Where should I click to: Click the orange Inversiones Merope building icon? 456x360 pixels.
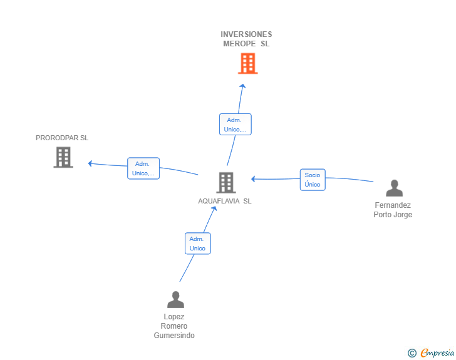point(247,63)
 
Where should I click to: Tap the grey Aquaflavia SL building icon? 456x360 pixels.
point(225,182)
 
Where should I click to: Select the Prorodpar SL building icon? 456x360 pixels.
point(63,157)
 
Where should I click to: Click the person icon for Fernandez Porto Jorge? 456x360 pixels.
point(394,188)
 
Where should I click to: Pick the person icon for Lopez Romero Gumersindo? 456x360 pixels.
point(175,299)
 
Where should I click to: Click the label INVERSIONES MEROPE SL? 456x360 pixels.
point(246,39)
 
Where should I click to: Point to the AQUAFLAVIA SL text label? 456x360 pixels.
point(225,201)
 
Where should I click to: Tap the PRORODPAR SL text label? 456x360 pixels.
point(62,138)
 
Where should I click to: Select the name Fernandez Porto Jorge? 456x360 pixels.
point(393,210)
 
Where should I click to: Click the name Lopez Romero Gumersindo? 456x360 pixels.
point(174,326)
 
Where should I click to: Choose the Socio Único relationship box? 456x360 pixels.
point(313,180)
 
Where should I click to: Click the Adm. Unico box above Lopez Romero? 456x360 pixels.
point(197,244)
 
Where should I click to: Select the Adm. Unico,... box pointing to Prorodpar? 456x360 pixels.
point(143,168)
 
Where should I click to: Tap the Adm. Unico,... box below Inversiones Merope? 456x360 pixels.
point(235,125)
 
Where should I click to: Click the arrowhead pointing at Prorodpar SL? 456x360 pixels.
point(91,163)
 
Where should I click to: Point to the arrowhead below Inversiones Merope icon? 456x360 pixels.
point(242,86)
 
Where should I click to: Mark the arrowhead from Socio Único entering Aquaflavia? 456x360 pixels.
point(254,179)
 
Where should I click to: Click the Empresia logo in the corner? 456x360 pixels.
point(437,353)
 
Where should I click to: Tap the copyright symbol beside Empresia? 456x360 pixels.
point(412,353)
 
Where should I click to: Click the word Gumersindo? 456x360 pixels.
point(174,336)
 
